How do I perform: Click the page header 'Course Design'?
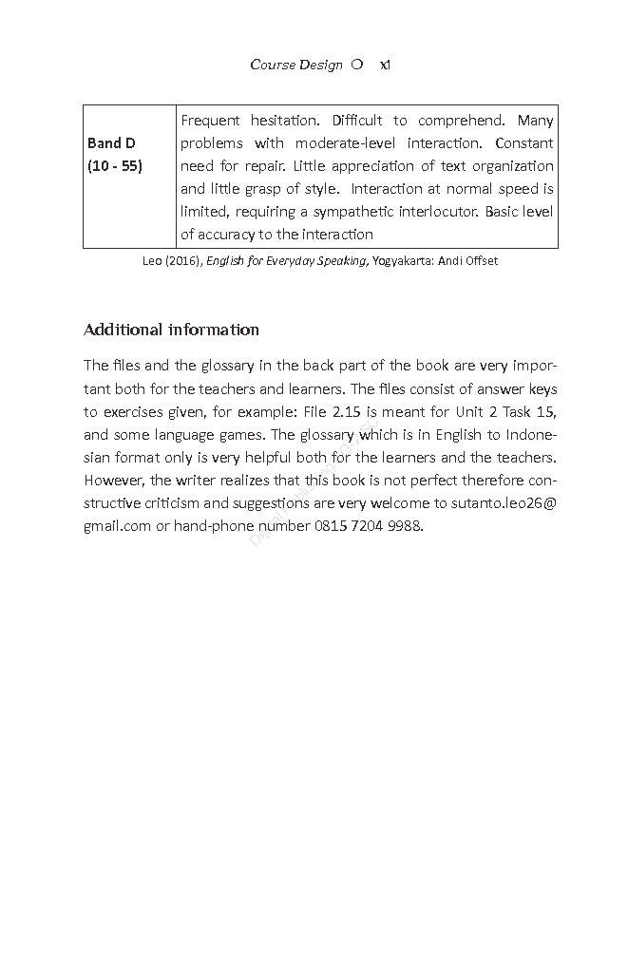click(295, 66)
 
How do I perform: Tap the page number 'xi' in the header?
click(385, 66)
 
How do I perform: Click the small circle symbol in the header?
click(356, 65)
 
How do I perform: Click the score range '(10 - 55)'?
click(115, 166)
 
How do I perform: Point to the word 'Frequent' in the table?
click(209, 121)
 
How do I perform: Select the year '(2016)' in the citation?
click(183, 261)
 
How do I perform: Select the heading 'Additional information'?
click(171, 330)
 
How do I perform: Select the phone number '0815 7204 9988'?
click(368, 526)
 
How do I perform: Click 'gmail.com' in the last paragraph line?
click(117, 526)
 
